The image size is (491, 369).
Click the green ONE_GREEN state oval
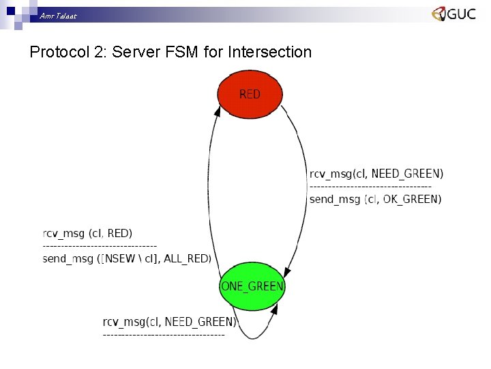[x=252, y=286]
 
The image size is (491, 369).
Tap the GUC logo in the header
[x=453, y=14]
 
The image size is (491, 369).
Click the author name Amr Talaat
[x=58, y=15]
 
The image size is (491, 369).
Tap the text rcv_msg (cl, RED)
[x=87, y=234]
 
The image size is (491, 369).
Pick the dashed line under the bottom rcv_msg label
[x=163, y=335]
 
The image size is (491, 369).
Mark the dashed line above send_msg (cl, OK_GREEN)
[x=370, y=186]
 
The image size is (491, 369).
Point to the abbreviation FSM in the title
[x=183, y=52]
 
